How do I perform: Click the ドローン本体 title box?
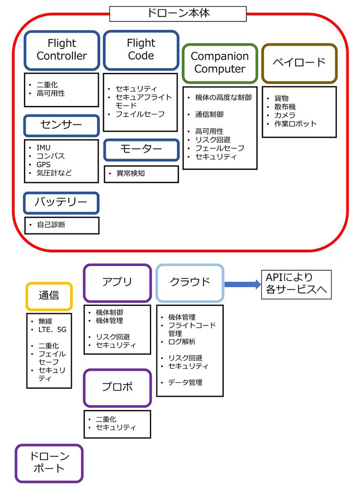coord(178,14)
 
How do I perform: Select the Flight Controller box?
coord(62,50)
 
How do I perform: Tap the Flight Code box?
coord(141,50)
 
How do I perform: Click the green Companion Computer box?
coord(219,63)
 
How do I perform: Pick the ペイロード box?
coord(299,63)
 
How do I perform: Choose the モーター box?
coord(141,150)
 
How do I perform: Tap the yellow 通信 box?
coord(49,295)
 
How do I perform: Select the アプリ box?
coord(117,282)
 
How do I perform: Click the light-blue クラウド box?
coord(189,282)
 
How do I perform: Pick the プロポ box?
coord(117,387)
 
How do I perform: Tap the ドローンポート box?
coord(49,463)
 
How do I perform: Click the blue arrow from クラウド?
coord(242,284)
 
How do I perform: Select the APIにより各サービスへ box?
coord(296,284)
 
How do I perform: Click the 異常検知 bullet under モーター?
coord(130,172)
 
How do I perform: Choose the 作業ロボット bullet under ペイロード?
coord(296,123)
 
